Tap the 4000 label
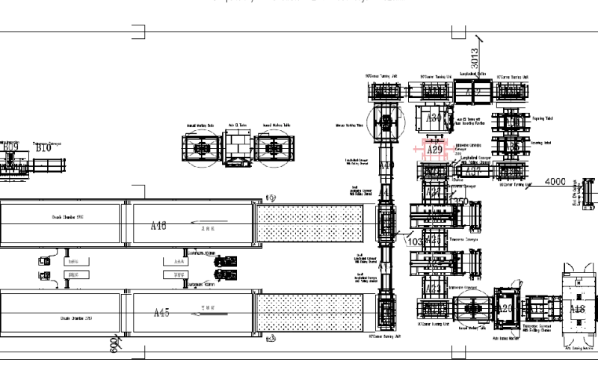556,181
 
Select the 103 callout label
412,242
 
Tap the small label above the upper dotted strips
272,197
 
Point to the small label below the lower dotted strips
272,340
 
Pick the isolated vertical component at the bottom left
114,343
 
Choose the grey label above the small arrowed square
67,217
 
